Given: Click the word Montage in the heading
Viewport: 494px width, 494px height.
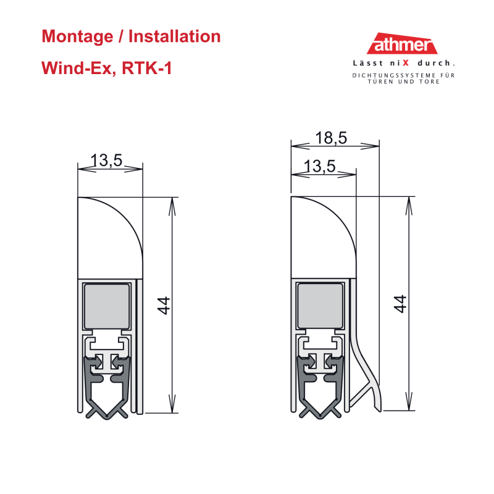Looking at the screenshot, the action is point(77,37).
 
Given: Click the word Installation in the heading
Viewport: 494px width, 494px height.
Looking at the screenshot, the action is point(175,36).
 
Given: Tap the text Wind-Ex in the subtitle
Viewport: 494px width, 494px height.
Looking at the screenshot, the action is point(77,68).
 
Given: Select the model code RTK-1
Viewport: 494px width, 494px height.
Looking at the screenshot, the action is point(147,68).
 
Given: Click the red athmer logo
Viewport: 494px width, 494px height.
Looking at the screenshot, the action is point(402,43).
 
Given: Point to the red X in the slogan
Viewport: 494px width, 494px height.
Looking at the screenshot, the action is point(406,63).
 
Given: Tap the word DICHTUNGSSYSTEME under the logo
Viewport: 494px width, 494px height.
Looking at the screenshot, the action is point(394,75).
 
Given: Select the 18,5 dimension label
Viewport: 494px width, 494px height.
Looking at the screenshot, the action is point(331,138).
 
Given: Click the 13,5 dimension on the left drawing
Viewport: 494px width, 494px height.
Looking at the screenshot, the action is point(106,160).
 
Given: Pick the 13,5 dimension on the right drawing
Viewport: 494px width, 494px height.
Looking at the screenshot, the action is point(319,166).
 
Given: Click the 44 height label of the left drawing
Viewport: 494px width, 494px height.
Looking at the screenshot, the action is point(164,305).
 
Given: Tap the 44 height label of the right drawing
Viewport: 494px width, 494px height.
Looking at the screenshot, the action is point(400,304).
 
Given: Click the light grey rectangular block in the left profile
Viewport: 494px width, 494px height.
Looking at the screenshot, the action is point(107,306).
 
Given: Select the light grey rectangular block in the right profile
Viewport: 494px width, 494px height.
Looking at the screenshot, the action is point(320,306).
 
